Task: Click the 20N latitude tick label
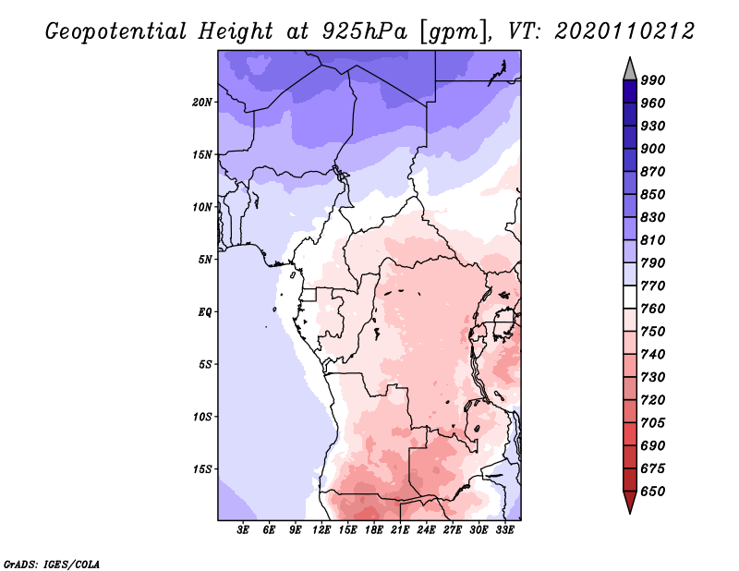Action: pyautogui.click(x=202, y=103)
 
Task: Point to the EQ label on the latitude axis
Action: pyautogui.click(x=205, y=312)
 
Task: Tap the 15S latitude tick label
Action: pyautogui.click(x=202, y=469)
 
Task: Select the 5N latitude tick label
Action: pyautogui.click(x=205, y=260)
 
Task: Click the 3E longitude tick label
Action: pyautogui.click(x=243, y=530)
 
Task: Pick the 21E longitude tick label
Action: pyautogui.click(x=400, y=530)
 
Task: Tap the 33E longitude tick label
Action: pyautogui.click(x=504, y=530)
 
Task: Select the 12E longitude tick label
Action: pyautogui.click(x=321, y=530)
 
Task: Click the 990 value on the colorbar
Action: pyautogui.click(x=653, y=80)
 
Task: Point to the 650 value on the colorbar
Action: pyautogui.click(x=653, y=492)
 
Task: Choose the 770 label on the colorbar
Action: pyautogui.click(x=653, y=285)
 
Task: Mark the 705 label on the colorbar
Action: pyautogui.click(x=653, y=422)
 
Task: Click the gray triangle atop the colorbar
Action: pyautogui.click(x=630, y=71)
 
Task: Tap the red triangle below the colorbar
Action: pyautogui.click(x=630, y=500)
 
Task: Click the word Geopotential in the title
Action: pyautogui.click(x=116, y=32)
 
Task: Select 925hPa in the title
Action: pyautogui.click(x=365, y=31)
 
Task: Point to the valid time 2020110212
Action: pyautogui.click(x=624, y=31)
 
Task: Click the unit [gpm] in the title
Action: pyautogui.click(x=454, y=32)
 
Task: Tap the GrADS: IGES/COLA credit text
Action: pyautogui.click(x=52, y=565)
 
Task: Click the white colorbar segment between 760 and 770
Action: pyautogui.click(x=630, y=298)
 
